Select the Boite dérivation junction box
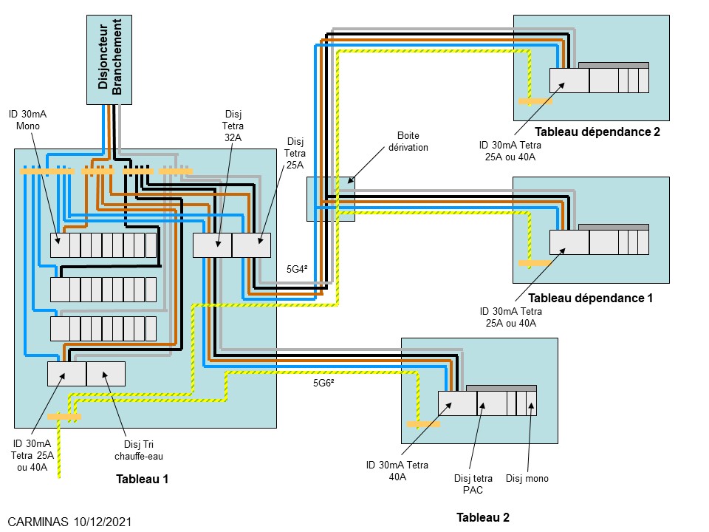pyautogui.click(x=330, y=198)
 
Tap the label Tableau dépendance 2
pyautogui.click(x=597, y=132)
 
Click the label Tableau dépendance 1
pyautogui.click(x=591, y=299)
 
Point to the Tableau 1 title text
pyautogui.click(x=143, y=479)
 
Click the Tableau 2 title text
pyautogui.click(x=482, y=517)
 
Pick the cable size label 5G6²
pyautogui.click(x=323, y=383)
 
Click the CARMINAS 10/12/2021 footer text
pyautogui.click(x=70, y=522)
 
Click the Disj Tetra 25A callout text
pyautogui.click(x=295, y=153)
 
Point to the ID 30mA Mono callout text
pyautogui.click(x=29, y=120)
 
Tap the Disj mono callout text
pyautogui.click(x=527, y=478)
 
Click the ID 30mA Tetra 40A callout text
pyautogui.click(x=397, y=471)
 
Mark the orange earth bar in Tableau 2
pyautogui.click(x=423, y=425)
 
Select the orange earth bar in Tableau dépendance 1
pyautogui.click(x=535, y=262)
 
